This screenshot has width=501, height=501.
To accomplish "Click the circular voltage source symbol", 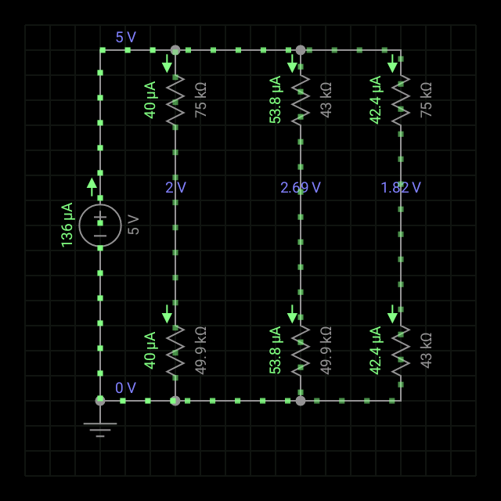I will click(x=100, y=225).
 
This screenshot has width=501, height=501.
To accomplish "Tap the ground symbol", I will click(x=100, y=428).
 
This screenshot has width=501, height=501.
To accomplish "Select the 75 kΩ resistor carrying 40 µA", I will click(x=175, y=100).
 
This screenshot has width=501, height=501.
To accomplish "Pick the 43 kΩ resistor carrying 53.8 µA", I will click(x=301, y=100).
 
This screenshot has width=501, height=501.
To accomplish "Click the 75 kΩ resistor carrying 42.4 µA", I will click(x=401, y=100).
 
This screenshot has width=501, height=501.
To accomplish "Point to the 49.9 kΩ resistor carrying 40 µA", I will click(x=175, y=351).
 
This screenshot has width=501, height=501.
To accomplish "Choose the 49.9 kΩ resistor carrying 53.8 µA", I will click(x=301, y=351).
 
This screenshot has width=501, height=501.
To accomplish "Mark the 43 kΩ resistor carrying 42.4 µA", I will click(x=401, y=351).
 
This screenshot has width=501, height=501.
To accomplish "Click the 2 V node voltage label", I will click(x=175, y=188).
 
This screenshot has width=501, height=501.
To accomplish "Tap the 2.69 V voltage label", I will click(x=301, y=188).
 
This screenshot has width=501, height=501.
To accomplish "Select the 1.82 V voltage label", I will click(x=401, y=188).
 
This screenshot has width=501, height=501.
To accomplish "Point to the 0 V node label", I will click(x=125, y=387).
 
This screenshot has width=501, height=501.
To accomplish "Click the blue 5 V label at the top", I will click(x=125, y=37).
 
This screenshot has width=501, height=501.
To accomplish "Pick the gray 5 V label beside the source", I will click(x=133, y=225).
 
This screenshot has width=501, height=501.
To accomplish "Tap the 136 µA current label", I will click(x=67, y=225).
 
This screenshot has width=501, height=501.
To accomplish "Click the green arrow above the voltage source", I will click(x=92, y=186).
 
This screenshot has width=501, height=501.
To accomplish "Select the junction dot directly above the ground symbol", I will click(x=100, y=401).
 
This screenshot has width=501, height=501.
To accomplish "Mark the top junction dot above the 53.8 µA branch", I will click(x=301, y=50).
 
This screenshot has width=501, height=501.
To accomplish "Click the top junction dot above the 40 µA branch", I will click(x=175, y=50).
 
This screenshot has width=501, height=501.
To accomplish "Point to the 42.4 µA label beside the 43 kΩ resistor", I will click(x=376, y=350).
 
